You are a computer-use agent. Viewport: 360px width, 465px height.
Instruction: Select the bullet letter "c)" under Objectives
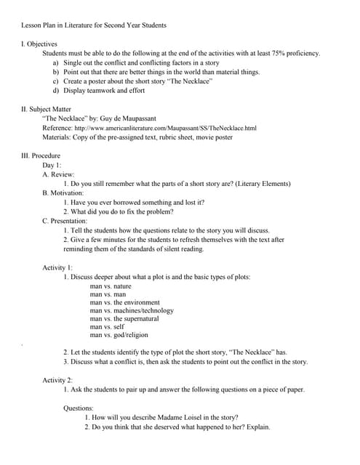(x=57, y=81)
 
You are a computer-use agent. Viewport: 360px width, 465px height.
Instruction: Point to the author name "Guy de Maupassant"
(x=150, y=118)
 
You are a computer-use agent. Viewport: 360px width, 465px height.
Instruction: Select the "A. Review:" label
(x=58, y=174)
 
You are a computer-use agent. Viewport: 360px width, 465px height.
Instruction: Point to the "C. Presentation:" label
(x=65, y=220)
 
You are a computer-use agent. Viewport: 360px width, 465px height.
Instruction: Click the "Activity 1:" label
(x=57, y=267)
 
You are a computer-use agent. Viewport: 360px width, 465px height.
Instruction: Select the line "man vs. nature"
(x=111, y=286)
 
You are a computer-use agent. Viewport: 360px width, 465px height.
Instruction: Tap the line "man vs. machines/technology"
(x=132, y=310)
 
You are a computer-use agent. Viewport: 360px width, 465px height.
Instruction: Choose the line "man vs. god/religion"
(x=119, y=335)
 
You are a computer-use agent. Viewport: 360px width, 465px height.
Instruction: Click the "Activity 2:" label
(x=57, y=380)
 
